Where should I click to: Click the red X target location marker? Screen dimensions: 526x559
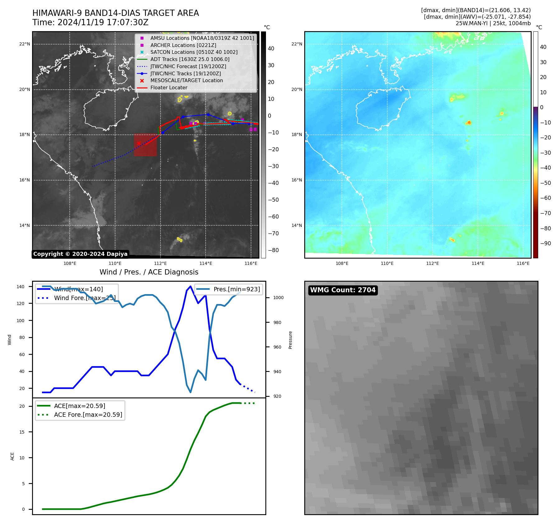139,143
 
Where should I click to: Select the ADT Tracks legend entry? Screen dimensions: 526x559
190,59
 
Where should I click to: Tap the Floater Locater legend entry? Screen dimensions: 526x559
169,88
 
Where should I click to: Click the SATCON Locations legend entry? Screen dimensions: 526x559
194,52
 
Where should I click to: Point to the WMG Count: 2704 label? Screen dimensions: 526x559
343,290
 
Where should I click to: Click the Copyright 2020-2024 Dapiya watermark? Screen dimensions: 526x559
80,254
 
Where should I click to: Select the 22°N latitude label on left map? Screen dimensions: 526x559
25,44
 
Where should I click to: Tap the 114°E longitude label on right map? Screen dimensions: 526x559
478,263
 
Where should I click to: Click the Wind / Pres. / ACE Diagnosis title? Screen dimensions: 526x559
149,272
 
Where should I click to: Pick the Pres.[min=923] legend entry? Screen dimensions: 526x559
236,289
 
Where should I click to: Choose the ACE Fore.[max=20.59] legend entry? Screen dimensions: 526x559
88,415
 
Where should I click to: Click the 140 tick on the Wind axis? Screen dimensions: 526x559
21,287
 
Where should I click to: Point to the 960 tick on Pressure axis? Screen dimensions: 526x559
277,347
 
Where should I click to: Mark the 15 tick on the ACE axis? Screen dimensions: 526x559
22,432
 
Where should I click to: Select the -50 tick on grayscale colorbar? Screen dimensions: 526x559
273,200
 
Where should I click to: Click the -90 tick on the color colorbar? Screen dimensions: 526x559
545,243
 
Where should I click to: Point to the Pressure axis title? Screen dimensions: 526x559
290,340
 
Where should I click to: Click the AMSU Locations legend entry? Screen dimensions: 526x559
202,38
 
